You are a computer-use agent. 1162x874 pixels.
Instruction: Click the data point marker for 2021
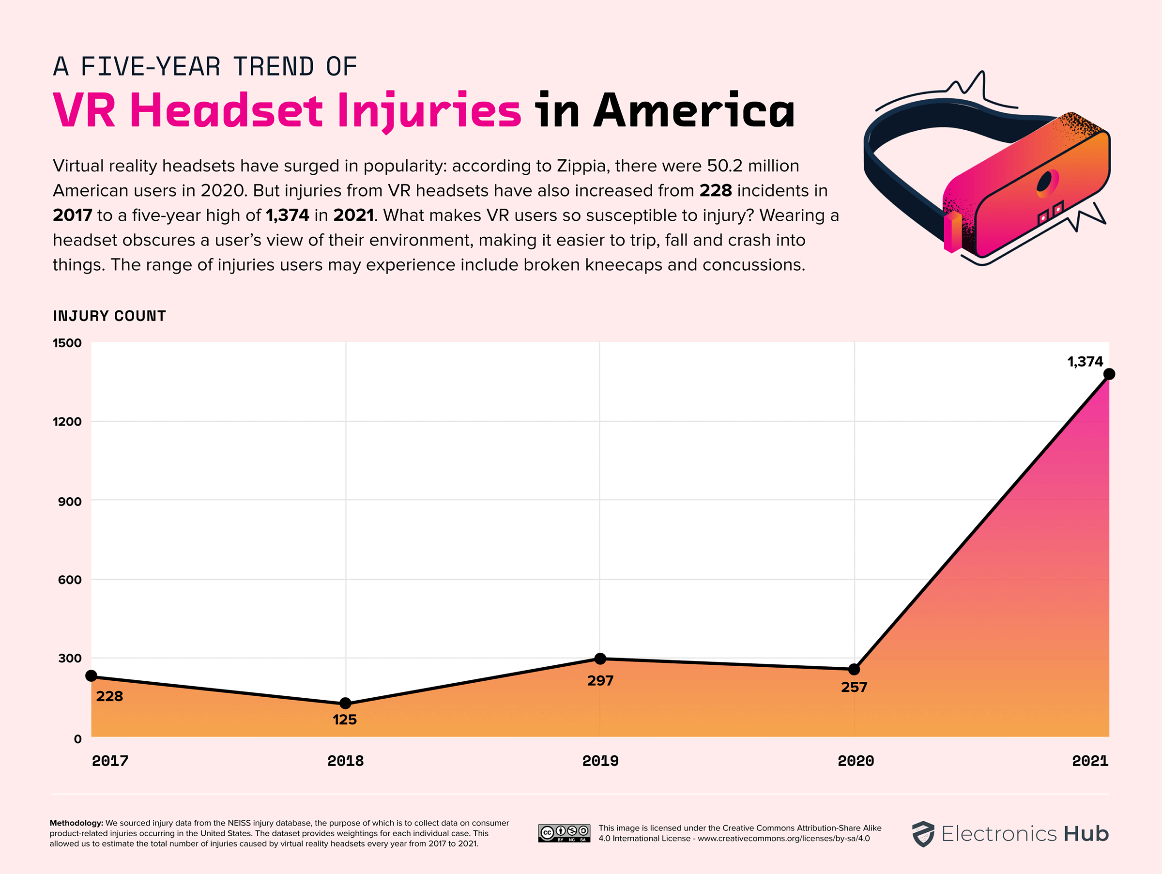(x=1109, y=374)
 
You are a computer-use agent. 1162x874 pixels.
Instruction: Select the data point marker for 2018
(x=345, y=703)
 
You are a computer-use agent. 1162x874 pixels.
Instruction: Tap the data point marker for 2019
(x=600, y=659)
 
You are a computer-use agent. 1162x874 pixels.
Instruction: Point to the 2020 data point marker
(x=854, y=669)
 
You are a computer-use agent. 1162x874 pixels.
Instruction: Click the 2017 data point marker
(x=91, y=675)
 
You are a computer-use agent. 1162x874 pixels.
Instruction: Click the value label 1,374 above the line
(x=1085, y=361)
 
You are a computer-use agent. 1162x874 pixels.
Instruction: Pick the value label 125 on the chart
(x=345, y=720)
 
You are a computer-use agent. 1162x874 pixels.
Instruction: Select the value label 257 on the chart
(x=854, y=687)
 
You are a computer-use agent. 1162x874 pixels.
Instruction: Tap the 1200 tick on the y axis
(x=67, y=421)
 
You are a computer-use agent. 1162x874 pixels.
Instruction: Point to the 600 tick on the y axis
(x=69, y=580)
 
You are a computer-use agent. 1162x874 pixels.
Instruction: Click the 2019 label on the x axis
(x=600, y=761)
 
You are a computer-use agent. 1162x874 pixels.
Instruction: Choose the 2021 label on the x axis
(x=1090, y=761)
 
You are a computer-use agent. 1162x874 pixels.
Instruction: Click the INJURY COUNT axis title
(x=109, y=316)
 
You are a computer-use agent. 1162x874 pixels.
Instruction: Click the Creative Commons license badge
(x=564, y=833)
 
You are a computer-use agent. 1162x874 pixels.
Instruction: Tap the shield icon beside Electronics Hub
(x=922, y=834)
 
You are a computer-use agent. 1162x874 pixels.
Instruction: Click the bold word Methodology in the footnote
(x=76, y=823)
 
